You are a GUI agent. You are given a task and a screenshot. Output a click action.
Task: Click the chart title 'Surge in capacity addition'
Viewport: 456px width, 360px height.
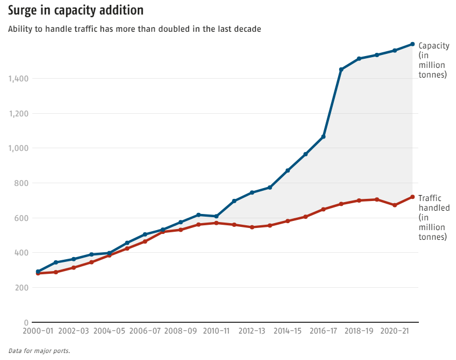75,10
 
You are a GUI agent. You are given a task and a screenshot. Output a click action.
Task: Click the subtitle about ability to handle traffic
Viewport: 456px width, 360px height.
135,29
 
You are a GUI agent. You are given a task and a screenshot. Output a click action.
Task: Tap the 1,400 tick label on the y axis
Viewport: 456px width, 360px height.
19,79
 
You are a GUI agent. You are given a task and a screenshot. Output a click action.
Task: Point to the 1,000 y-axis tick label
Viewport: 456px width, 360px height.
19,148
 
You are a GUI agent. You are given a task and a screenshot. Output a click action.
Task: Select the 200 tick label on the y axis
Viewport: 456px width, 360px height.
22,288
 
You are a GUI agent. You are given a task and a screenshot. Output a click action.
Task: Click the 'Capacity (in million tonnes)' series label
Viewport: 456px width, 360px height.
433,60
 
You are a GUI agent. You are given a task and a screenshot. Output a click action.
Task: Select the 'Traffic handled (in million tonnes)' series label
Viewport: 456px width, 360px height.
433,217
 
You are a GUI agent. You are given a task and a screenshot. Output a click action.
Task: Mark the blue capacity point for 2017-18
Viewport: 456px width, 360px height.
341,70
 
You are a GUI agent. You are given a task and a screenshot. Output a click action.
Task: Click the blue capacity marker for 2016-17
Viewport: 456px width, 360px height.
324,137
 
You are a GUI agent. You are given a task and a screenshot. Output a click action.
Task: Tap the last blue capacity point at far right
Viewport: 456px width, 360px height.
412,44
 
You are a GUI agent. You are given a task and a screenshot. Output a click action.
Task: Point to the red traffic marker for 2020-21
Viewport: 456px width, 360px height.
395,205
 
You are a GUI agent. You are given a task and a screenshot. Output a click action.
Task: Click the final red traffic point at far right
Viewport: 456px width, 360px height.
412,197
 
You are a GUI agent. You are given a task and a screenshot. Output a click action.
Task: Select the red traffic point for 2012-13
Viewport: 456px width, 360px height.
252,227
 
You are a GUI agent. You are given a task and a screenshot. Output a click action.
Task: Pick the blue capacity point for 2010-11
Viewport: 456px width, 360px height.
216,216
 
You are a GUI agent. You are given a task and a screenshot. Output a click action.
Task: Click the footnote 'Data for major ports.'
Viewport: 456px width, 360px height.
39,350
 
